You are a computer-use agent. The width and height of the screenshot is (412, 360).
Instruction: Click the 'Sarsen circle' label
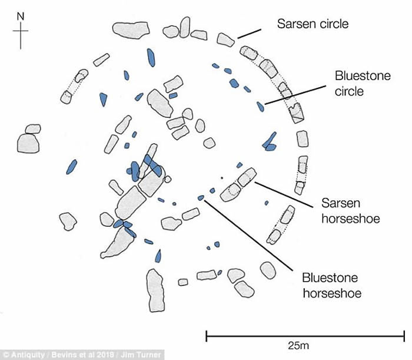[313, 24]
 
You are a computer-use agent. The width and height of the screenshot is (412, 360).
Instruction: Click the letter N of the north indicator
[21, 17]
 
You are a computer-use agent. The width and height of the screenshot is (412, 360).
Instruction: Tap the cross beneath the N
[21, 36]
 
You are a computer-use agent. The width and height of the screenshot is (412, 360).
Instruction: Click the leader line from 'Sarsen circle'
[248, 32]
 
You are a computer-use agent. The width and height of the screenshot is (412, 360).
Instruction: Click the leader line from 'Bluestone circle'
[294, 96]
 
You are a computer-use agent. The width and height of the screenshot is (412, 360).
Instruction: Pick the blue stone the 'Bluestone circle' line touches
[260, 106]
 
